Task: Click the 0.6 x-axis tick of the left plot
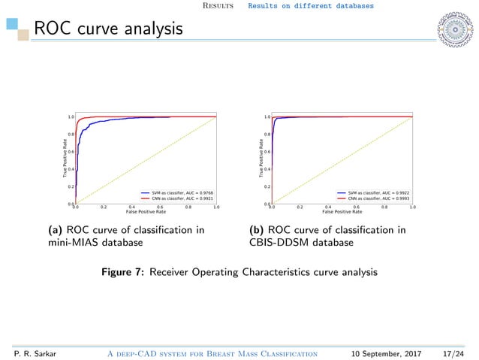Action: coord(159,207)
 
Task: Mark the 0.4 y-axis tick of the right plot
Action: coord(267,169)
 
